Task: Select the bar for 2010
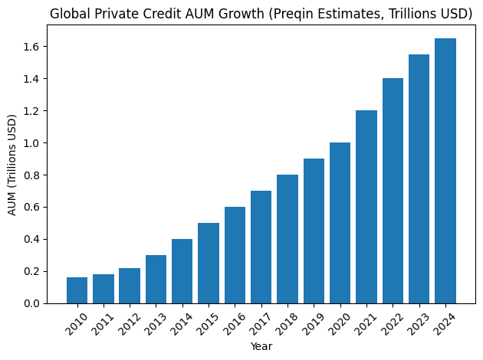point(77,290)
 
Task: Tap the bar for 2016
point(235,255)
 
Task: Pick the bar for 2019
point(314,231)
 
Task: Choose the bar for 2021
point(366,207)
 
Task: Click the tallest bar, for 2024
point(445,171)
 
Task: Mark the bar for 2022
point(393,191)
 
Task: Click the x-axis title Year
point(261,347)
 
